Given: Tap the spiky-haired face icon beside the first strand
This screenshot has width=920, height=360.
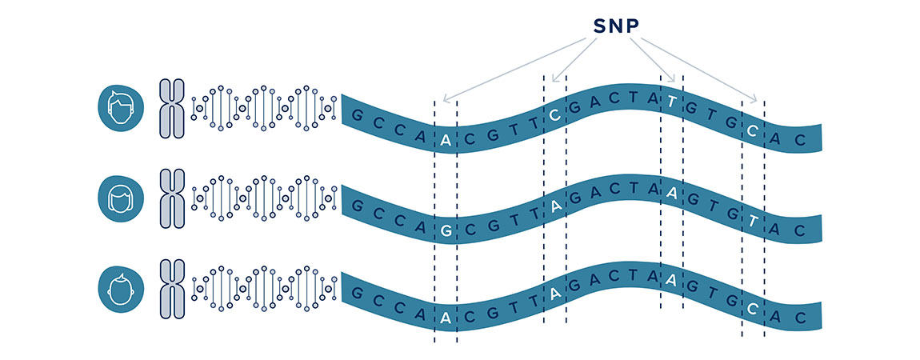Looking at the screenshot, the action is tap(121, 109).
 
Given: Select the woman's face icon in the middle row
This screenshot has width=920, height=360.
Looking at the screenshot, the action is tap(121, 198).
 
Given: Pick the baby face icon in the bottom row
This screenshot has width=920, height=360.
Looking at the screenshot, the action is tap(121, 288).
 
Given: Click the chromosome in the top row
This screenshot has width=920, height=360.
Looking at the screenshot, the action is tap(172, 109).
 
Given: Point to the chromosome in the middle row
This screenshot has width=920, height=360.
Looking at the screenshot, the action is tap(172, 198).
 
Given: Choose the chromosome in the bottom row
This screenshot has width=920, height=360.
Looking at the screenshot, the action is tap(172, 289).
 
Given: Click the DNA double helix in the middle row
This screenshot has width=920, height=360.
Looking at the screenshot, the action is tap(264, 198).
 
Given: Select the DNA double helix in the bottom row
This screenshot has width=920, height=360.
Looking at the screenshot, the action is tap(264, 288).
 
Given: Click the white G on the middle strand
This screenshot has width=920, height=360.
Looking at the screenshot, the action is tap(446, 230).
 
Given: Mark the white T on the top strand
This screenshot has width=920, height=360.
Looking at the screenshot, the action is tap(672, 102).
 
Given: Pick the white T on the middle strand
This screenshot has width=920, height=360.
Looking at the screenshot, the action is tap(753, 221).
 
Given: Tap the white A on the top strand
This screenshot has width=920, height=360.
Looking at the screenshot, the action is tap(446, 141).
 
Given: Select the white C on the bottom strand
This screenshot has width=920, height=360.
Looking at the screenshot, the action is tap(753, 310).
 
